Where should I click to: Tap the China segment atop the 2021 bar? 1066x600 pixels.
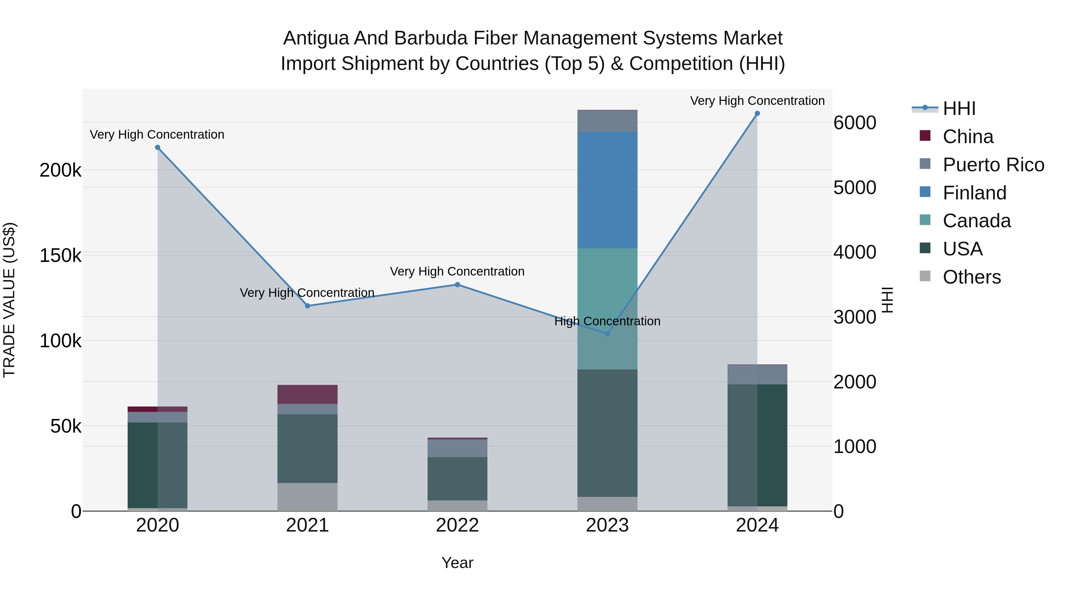pyautogui.click(x=307, y=394)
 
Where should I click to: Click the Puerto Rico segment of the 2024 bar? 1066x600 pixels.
pyautogui.click(x=757, y=374)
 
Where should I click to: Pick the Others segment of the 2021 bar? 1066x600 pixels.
pyautogui.click(x=307, y=497)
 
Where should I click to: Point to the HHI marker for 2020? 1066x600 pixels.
pyautogui.click(x=157, y=148)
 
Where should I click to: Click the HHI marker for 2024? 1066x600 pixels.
pyautogui.click(x=757, y=113)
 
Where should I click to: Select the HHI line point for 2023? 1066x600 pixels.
pyautogui.click(x=607, y=334)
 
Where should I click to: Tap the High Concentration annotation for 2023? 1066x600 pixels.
pyautogui.click(x=607, y=321)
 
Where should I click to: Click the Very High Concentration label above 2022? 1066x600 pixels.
pyautogui.click(x=457, y=272)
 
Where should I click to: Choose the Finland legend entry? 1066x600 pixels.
pyautogui.click(x=974, y=193)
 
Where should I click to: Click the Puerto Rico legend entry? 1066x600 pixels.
pyautogui.click(x=993, y=165)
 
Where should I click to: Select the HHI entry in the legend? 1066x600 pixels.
pyautogui.click(x=959, y=108)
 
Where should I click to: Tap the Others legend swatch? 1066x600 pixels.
pyautogui.click(x=925, y=276)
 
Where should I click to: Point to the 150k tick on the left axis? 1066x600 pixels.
pyautogui.click(x=60, y=255)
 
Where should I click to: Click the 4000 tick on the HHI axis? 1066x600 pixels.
pyautogui.click(x=855, y=252)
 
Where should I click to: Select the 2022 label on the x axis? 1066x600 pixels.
pyautogui.click(x=457, y=525)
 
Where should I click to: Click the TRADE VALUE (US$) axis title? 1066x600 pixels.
pyautogui.click(x=9, y=300)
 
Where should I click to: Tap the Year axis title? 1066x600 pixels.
pyautogui.click(x=457, y=563)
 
